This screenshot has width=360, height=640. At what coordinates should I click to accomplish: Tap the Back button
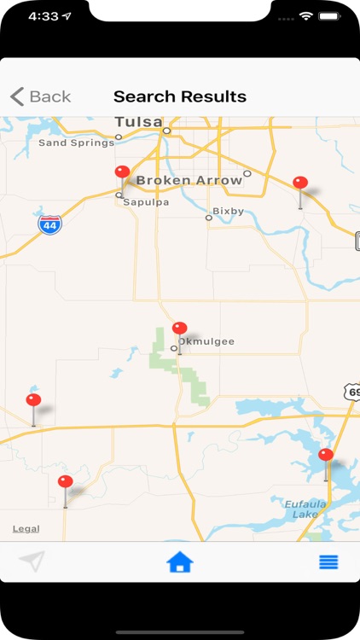click(x=40, y=96)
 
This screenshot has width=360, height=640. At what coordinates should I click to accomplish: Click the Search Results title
click(x=180, y=96)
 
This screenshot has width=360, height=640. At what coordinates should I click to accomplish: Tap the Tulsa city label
click(x=139, y=122)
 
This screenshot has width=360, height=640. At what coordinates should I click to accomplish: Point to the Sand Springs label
click(x=76, y=143)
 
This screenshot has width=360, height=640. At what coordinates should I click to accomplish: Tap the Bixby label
click(x=228, y=211)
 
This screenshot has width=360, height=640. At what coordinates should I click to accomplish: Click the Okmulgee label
click(x=206, y=341)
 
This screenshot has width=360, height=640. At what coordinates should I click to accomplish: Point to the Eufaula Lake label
click(x=300, y=509)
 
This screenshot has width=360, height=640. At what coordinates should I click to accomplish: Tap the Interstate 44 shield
click(x=49, y=224)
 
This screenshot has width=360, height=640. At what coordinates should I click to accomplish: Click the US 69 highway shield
click(x=351, y=390)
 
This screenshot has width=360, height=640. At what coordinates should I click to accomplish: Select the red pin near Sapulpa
click(x=122, y=172)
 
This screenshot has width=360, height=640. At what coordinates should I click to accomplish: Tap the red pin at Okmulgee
click(x=179, y=329)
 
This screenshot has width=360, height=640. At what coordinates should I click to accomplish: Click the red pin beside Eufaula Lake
click(x=326, y=456)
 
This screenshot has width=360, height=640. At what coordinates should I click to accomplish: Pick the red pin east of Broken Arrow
click(x=300, y=183)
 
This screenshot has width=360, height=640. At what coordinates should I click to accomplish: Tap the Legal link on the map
click(x=26, y=529)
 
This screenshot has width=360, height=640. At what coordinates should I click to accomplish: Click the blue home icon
click(x=180, y=562)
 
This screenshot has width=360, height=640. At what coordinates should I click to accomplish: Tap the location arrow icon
click(x=32, y=561)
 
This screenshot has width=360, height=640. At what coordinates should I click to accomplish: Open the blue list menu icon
click(x=328, y=562)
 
